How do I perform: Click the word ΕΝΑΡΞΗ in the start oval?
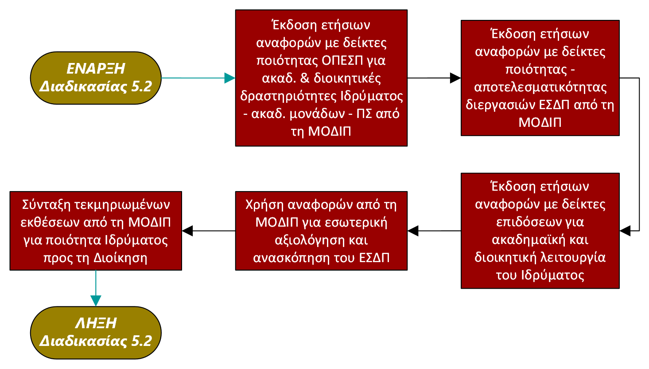(96, 69)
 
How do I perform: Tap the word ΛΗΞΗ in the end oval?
(96, 323)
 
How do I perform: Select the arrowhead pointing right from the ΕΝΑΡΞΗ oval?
(229, 78)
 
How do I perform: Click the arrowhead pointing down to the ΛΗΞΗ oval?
(96, 300)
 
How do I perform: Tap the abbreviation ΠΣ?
(364, 114)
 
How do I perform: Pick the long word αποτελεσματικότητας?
(540, 87)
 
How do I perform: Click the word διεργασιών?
(501, 105)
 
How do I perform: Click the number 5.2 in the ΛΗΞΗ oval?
(141, 341)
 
